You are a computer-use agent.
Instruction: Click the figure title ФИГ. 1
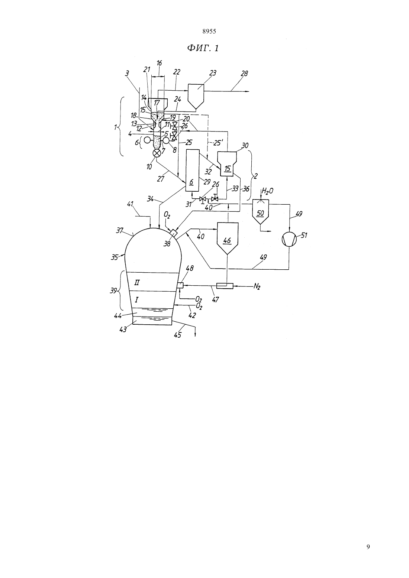203,48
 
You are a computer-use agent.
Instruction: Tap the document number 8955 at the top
209,32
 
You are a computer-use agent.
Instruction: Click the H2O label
267,191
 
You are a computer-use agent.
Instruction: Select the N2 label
257,286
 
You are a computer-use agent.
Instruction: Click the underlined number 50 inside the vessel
261,213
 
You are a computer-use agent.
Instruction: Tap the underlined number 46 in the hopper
227,241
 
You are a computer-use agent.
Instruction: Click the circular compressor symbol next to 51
289,239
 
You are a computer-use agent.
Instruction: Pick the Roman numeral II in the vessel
137,283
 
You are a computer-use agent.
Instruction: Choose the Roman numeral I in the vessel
137,299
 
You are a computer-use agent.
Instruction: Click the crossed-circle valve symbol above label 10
157,153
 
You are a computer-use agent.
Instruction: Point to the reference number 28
244,74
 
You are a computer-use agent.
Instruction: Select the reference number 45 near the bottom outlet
178,335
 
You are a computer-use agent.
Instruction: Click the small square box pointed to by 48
180,285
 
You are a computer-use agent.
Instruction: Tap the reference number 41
130,204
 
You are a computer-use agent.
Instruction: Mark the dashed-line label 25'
216,142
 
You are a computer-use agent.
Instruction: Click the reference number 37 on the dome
120,230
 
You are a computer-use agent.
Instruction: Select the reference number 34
151,199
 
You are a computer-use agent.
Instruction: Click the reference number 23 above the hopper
213,73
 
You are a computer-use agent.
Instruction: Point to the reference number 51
304,236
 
